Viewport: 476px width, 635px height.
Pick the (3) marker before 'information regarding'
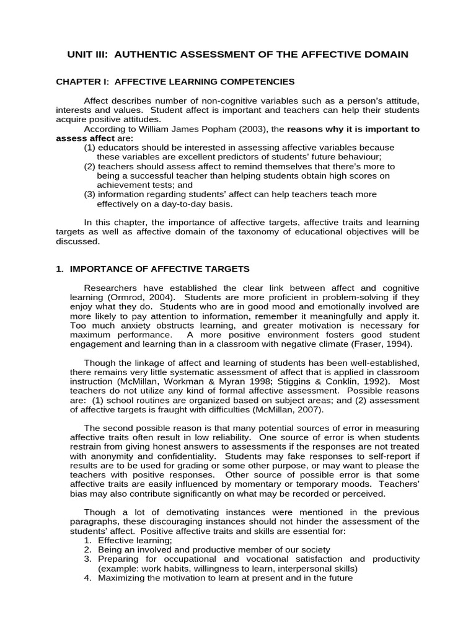(x=89, y=194)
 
